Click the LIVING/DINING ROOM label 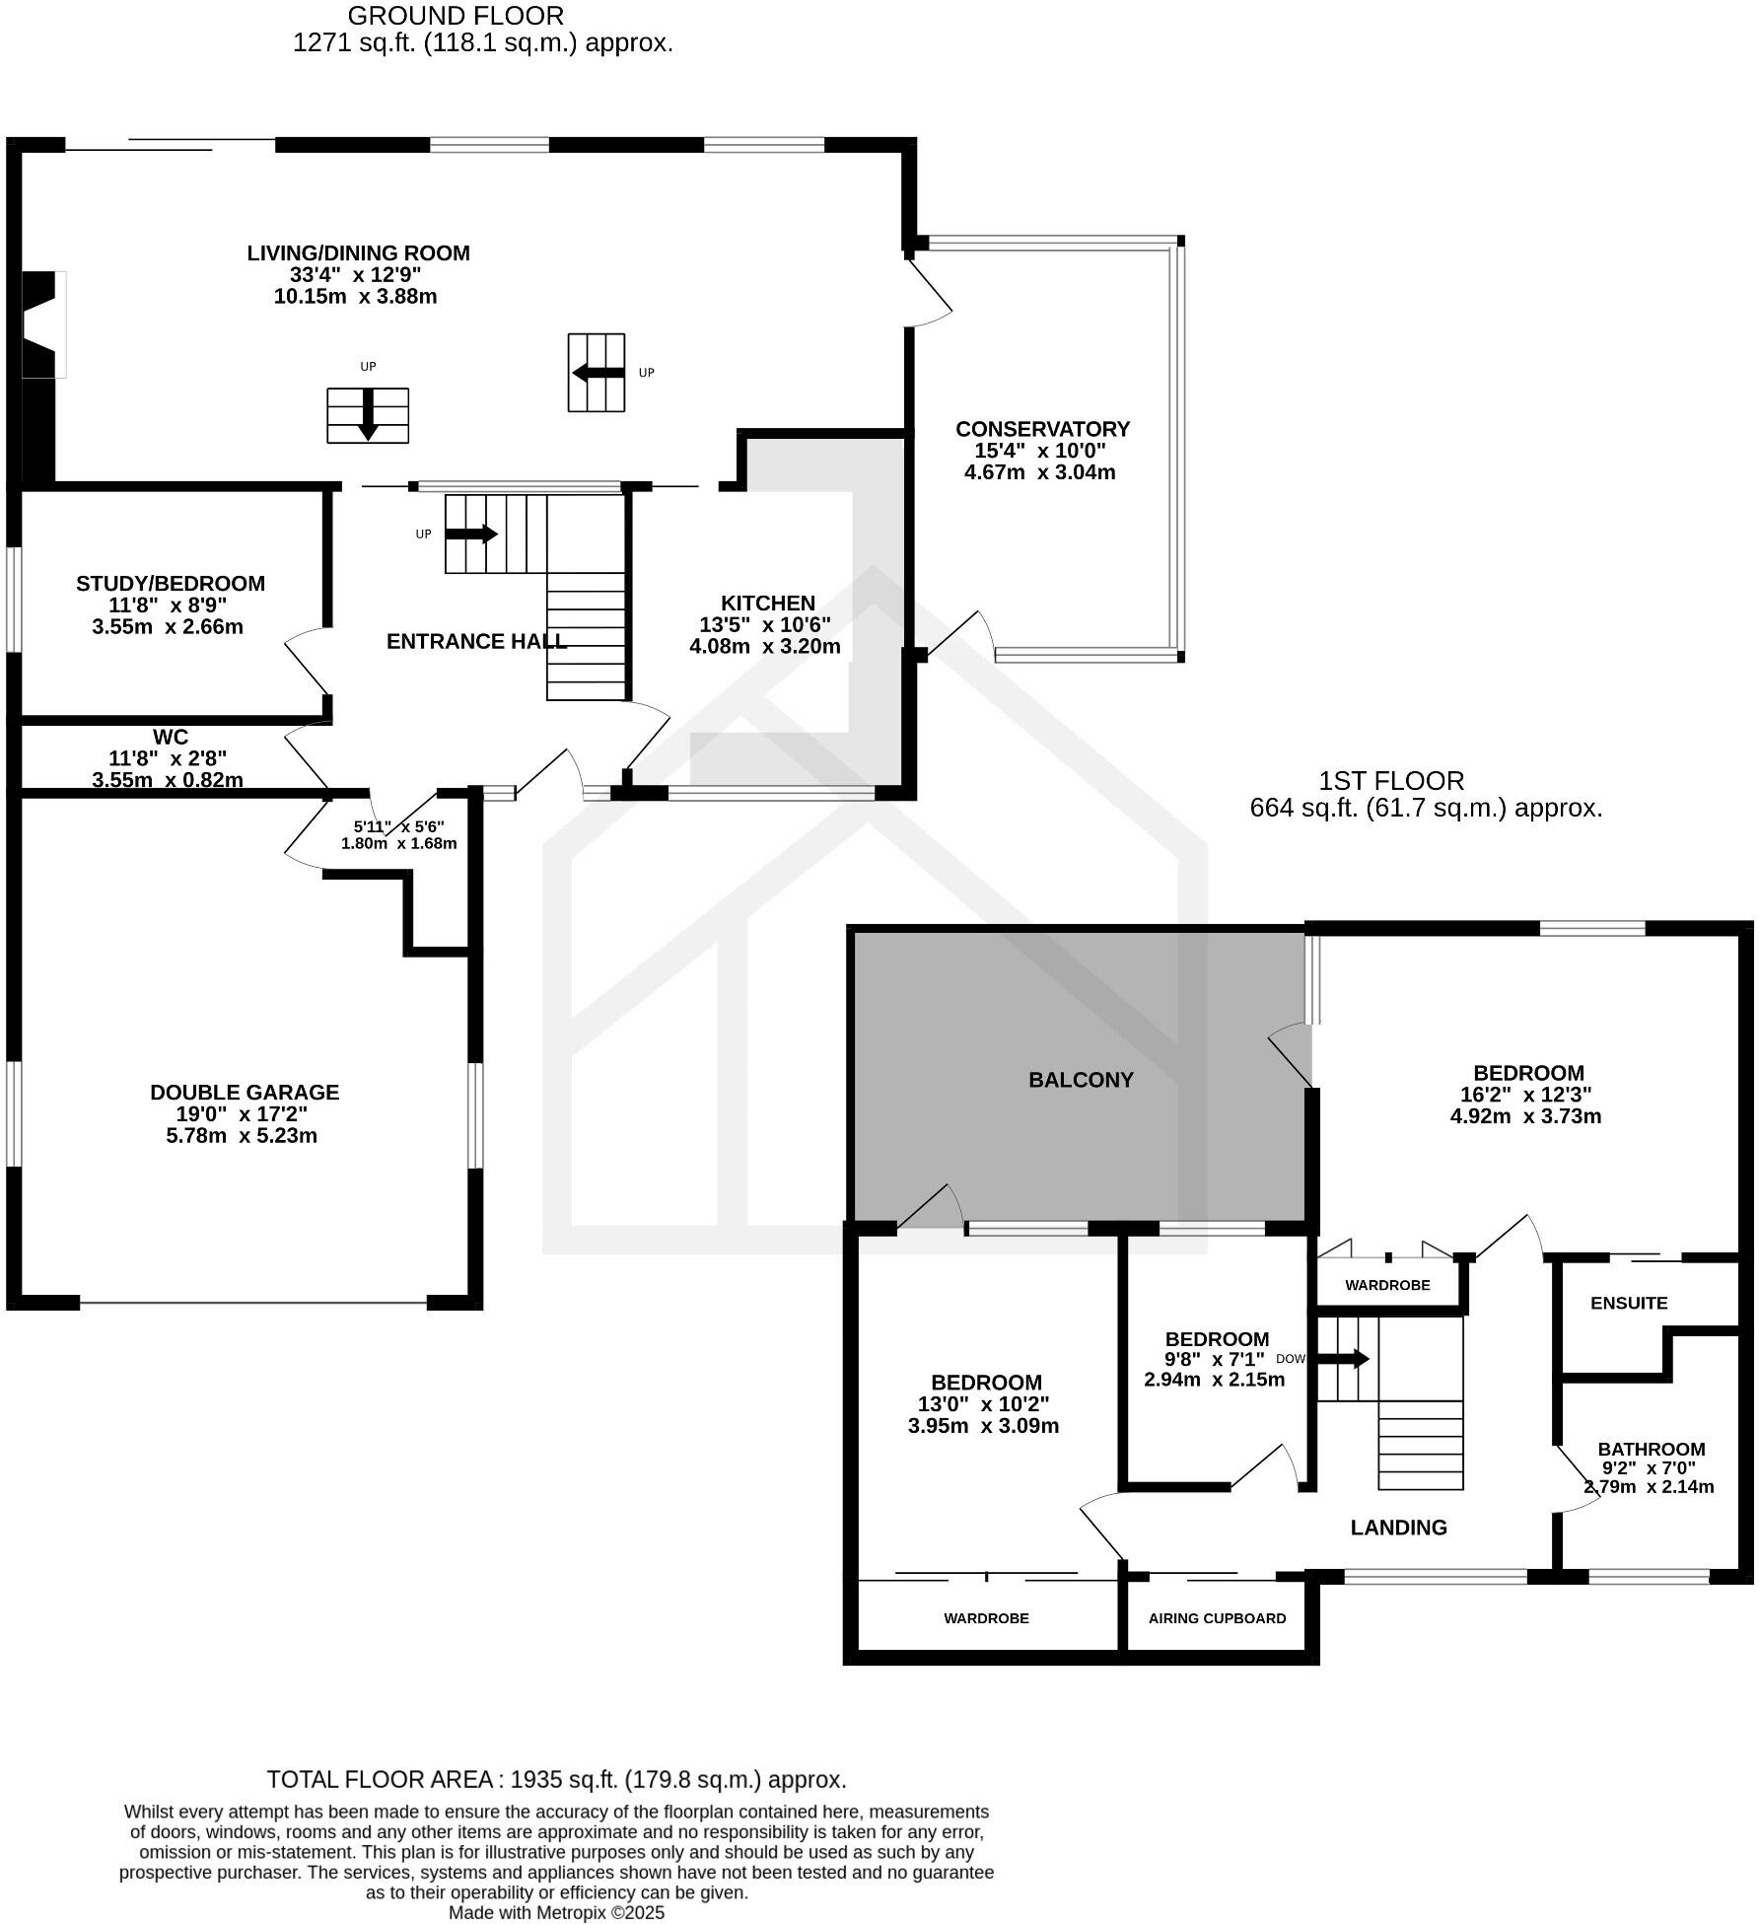pyautogui.click(x=358, y=252)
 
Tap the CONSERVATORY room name pyautogui.click(x=1042, y=429)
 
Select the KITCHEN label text pyautogui.click(x=767, y=603)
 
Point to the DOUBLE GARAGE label pyautogui.click(x=245, y=1092)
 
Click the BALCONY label pyautogui.click(x=1081, y=1080)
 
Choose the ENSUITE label pyautogui.click(x=1629, y=1303)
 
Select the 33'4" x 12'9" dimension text pyautogui.click(x=355, y=275)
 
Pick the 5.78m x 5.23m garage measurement pyautogui.click(x=242, y=1135)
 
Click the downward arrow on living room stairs pyautogui.click(x=368, y=415)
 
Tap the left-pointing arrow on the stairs pyautogui.click(x=598, y=373)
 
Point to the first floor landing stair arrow pyautogui.click(x=1344, y=1359)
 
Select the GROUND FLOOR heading pyautogui.click(x=456, y=16)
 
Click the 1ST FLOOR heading pyautogui.click(x=1391, y=781)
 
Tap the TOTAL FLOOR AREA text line pyautogui.click(x=556, y=1779)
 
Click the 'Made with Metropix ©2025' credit pyautogui.click(x=556, y=1912)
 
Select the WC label pyautogui.click(x=170, y=737)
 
